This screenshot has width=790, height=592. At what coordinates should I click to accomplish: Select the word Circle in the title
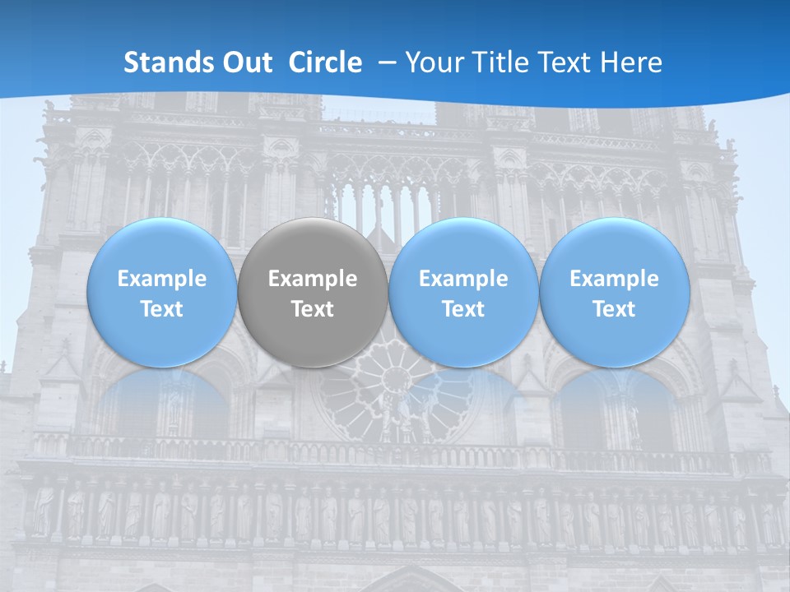coord(325,62)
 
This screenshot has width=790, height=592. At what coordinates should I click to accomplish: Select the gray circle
coord(313,292)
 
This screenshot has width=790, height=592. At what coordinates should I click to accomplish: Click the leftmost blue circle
coord(161,292)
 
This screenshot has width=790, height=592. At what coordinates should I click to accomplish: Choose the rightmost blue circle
coord(615,292)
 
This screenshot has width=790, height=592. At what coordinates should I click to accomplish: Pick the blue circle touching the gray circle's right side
coord(463,292)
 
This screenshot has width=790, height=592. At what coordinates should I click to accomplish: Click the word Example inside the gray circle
coord(313,279)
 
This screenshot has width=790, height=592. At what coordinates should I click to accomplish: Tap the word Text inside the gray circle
coord(313,309)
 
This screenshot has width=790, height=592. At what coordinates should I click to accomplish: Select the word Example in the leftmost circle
coord(161,279)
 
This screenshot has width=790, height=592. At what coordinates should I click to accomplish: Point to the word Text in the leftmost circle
coord(161,309)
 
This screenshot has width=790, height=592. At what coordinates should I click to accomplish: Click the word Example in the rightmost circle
coord(615,279)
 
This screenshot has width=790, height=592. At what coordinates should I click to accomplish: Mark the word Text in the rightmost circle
coord(615,309)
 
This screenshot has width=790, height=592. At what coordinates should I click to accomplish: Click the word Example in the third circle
coord(463,279)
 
